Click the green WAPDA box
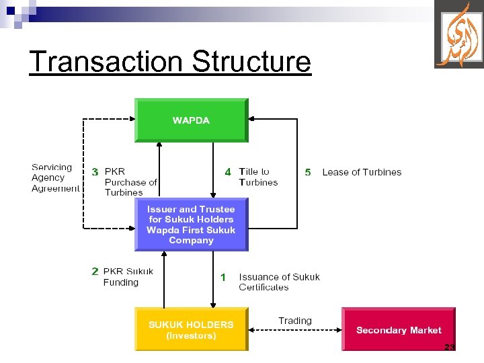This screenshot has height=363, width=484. pos(191,120)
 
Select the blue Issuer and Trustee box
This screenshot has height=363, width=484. pos(191,225)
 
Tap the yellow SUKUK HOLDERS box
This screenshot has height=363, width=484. pos(191,329)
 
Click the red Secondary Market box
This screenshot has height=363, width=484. pos(399,329)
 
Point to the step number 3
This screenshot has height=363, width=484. pos(95,172)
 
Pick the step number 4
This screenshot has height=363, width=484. pos(228,172)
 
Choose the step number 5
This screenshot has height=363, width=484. pos(308,172)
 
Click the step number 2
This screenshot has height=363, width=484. pos(95,272)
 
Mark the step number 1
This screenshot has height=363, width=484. pos(223,277)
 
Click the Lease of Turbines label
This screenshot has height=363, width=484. pos(362,172)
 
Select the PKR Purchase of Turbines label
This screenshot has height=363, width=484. pos(130,182)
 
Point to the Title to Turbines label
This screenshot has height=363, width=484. pos(257,177)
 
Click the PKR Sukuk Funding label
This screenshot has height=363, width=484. pos(128,277)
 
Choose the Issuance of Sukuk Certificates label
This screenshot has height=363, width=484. pos(279,282)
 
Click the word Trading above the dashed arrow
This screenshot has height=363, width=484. pos(295,321)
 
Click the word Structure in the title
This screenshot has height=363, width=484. pos(251,61)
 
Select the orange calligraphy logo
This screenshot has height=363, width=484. pos(458,34)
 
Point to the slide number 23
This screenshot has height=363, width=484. pos(450,347)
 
